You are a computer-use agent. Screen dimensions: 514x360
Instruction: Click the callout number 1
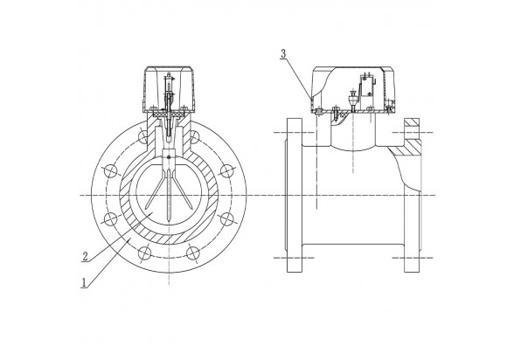click(x=84, y=282)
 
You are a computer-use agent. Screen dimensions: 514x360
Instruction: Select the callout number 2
click(x=85, y=256)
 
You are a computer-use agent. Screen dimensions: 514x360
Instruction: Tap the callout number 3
click(x=283, y=53)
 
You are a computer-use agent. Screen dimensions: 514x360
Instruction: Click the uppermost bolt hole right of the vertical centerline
click(x=194, y=137)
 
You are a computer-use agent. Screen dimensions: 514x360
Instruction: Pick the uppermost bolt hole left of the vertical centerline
click(x=143, y=137)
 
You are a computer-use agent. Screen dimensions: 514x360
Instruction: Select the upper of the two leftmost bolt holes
click(x=111, y=171)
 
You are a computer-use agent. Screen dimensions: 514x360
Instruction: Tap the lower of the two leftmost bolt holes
click(x=111, y=219)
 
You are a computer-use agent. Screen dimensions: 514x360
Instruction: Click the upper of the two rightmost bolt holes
click(x=226, y=171)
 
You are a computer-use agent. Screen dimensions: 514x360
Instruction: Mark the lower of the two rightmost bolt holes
click(x=226, y=219)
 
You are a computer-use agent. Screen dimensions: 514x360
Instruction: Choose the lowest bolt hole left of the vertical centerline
click(x=144, y=253)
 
